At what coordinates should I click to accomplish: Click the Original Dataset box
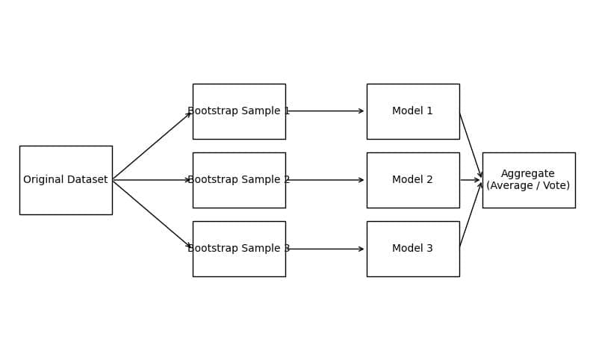(x=66, y=181)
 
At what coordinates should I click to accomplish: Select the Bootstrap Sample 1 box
(x=240, y=111)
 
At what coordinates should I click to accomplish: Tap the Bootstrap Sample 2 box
(x=240, y=181)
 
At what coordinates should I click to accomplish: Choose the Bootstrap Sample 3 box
(x=240, y=249)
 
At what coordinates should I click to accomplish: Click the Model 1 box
(x=413, y=111)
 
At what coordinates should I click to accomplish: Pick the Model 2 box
(x=413, y=181)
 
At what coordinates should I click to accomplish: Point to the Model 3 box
(x=413, y=249)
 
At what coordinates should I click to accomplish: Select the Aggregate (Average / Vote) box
(x=529, y=181)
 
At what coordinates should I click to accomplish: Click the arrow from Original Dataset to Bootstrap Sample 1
(x=152, y=146)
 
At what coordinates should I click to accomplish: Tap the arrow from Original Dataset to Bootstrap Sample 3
(x=152, y=214)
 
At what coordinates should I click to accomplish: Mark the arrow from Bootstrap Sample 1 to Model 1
(x=325, y=111)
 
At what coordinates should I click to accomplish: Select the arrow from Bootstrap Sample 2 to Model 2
(x=325, y=180)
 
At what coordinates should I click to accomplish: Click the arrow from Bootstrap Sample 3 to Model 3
(x=325, y=249)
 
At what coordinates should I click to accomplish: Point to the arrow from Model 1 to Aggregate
(x=471, y=145)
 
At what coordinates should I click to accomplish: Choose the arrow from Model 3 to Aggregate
(x=471, y=215)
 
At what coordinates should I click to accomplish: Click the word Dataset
(x=88, y=179)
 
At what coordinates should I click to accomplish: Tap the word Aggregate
(x=528, y=174)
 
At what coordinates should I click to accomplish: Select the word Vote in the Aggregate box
(x=556, y=186)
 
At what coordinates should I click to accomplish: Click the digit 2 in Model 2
(x=429, y=179)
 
